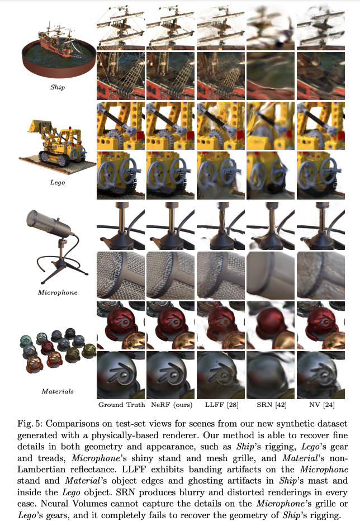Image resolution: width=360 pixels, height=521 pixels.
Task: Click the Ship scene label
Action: [x=58, y=87]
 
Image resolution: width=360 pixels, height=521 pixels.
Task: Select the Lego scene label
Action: [x=58, y=182]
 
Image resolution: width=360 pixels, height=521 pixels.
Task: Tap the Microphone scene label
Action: [x=58, y=292]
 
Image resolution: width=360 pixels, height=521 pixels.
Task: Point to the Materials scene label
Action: [x=58, y=391]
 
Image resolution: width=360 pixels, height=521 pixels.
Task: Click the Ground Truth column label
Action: [x=122, y=405]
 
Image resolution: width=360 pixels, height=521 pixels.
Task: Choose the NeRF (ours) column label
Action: [x=172, y=405]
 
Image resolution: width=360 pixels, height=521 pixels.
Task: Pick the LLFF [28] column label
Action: [x=221, y=405]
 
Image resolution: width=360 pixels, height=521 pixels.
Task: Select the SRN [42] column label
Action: [x=272, y=405]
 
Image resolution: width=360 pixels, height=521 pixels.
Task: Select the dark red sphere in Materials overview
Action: [x=47, y=347]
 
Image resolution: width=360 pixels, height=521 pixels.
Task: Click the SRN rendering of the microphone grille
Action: [x=271, y=276]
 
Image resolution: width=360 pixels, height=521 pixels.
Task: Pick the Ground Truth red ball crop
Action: [x=121, y=325]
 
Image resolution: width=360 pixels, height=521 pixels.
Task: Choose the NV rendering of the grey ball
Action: [x=321, y=375]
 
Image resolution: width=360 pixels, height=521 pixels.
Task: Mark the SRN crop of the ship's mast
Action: [x=271, y=26]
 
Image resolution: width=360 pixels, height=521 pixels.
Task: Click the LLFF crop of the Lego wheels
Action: [x=221, y=176]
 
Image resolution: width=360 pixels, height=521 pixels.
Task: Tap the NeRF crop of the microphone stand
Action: [x=170, y=226]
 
